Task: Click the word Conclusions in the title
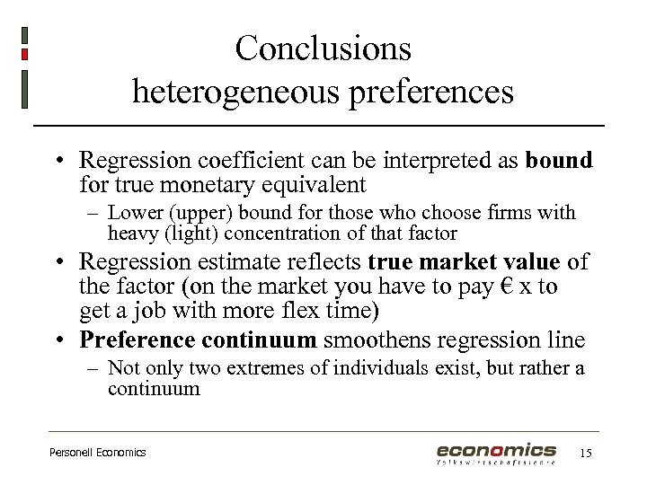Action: click(x=323, y=48)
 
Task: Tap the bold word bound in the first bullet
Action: click(x=559, y=161)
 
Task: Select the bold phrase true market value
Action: click(x=465, y=261)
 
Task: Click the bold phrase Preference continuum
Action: click(x=198, y=340)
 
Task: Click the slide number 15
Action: click(x=586, y=453)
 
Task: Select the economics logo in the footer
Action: click(x=496, y=453)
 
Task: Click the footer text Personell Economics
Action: click(x=97, y=453)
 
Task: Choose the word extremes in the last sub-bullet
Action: click(x=261, y=368)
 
